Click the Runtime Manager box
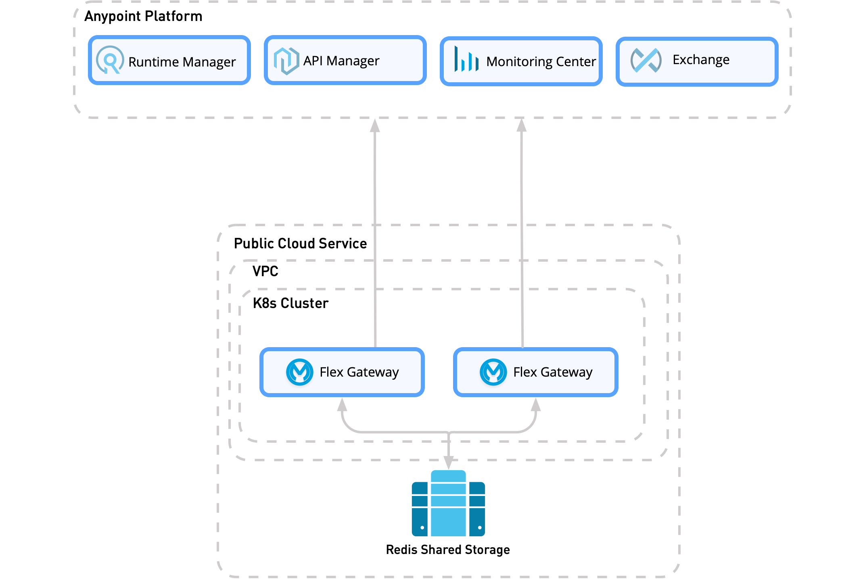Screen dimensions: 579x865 169,60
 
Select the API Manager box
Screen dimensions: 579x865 345,60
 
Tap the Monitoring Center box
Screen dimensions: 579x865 521,61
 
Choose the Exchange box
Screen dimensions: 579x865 697,61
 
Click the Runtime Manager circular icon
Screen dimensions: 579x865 110,60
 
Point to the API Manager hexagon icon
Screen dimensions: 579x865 286,61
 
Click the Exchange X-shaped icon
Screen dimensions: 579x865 646,60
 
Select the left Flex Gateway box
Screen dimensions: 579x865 342,372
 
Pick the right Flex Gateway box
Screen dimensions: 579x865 536,372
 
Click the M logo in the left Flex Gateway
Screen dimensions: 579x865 300,372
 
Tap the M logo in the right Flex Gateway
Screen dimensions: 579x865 493,372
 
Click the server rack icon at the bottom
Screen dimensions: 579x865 448,504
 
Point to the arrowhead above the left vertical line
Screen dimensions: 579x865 375,125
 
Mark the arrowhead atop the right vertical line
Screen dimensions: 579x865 522,125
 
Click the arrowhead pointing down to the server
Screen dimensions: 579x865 449,463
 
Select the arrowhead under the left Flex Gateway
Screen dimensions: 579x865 342,404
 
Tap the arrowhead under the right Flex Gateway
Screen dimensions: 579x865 536,404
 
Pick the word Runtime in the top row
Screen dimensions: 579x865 153,62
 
